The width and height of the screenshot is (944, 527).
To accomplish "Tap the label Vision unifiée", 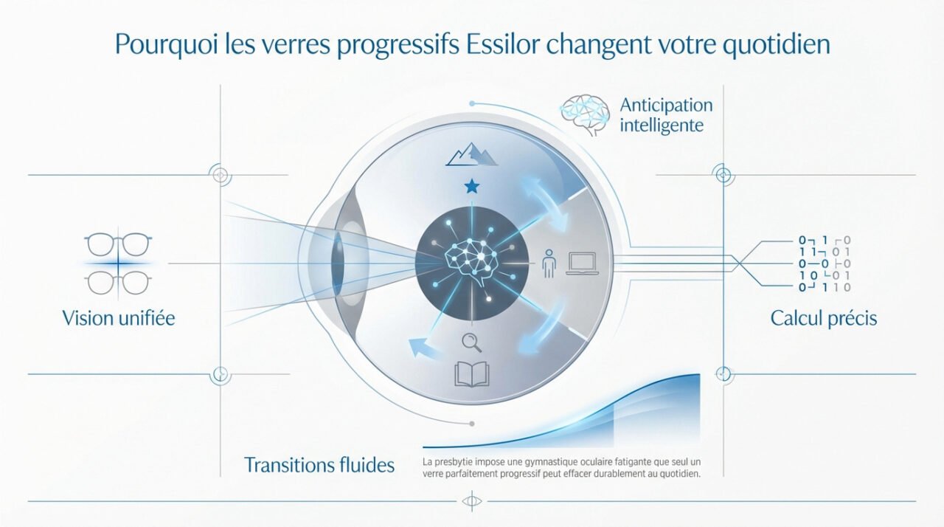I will pyautogui.click(x=119, y=319).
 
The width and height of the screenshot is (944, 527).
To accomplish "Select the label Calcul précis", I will pyautogui.click(x=824, y=319).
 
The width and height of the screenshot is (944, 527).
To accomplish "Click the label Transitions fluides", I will pyautogui.click(x=319, y=465).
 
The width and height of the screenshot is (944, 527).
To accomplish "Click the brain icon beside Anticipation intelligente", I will pyautogui.click(x=585, y=114).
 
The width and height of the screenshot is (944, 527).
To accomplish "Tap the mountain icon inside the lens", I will pyautogui.click(x=472, y=156).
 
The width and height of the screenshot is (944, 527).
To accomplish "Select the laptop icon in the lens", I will pyautogui.click(x=583, y=263).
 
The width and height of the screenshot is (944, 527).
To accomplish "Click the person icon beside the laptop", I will pyautogui.click(x=547, y=263).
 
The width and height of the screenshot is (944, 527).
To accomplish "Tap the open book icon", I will pyautogui.click(x=472, y=373).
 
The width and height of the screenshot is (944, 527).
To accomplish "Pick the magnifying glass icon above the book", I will pyautogui.click(x=470, y=342).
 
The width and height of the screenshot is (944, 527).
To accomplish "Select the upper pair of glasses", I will pyautogui.click(x=118, y=244).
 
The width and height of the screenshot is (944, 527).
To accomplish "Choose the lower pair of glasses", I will pyautogui.click(x=118, y=282).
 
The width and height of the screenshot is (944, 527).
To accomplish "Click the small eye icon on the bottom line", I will pyautogui.click(x=471, y=502).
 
